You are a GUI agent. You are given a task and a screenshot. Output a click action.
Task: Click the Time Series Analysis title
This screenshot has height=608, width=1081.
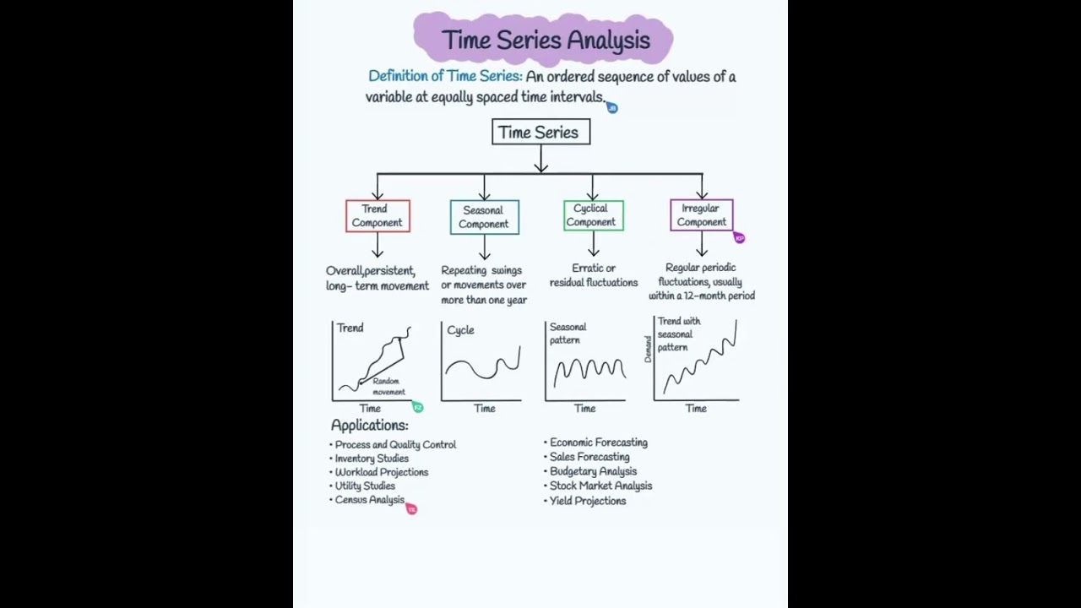pyautogui.click(x=546, y=40)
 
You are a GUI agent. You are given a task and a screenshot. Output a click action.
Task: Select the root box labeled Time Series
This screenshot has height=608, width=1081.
pyautogui.click(x=540, y=132)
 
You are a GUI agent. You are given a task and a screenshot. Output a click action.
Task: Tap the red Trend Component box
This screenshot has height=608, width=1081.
pyautogui.click(x=378, y=216)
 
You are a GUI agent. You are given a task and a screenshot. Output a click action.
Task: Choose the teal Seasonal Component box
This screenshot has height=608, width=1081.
pyautogui.click(x=484, y=217)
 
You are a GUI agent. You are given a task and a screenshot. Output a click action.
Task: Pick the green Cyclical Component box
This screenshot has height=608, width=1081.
pyautogui.click(x=593, y=215)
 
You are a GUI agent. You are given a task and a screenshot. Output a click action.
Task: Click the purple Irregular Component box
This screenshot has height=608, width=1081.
pyautogui.click(x=701, y=215)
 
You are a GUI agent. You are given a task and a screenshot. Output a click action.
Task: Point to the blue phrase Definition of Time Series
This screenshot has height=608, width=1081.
pyautogui.click(x=444, y=76)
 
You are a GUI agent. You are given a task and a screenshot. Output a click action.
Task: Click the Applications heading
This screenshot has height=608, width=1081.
pyautogui.click(x=369, y=426)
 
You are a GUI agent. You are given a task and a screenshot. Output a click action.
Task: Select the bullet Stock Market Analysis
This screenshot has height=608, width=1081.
pyautogui.click(x=600, y=486)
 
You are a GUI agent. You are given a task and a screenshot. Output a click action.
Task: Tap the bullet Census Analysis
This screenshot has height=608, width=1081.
pyautogui.click(x=369, y=500)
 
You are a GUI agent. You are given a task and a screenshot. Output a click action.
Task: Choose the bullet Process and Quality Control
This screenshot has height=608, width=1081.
pyautogui.click(x=395, y=444)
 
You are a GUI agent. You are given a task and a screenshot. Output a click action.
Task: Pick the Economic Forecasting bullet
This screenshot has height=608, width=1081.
pyautogui.click(x=598, y=442)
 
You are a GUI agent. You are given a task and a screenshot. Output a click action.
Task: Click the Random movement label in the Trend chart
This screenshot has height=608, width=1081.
pyautogui.click(x=388, y=387)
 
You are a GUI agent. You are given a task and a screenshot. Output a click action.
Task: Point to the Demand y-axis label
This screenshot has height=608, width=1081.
pyautogui.click(x=649, y=349)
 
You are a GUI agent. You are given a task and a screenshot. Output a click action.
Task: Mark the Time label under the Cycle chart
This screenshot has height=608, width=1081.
pyautogui.click(x=484, y=409)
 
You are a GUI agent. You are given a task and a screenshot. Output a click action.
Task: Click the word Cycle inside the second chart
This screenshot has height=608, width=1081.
pyautogui.click(x=460, y=330)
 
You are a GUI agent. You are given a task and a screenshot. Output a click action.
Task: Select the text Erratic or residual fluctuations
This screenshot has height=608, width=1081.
pyautogui.click(x=593, y=275)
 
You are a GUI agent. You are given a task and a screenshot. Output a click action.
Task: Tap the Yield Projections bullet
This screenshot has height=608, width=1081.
pyautogui.click(x=587, y=501)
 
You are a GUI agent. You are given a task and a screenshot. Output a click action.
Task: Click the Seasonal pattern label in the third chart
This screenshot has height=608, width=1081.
pyautogui.click(x=567, y=334)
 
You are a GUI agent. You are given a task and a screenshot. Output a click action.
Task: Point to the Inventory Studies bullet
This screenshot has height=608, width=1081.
pyautogui.click(x=372, y=459)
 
